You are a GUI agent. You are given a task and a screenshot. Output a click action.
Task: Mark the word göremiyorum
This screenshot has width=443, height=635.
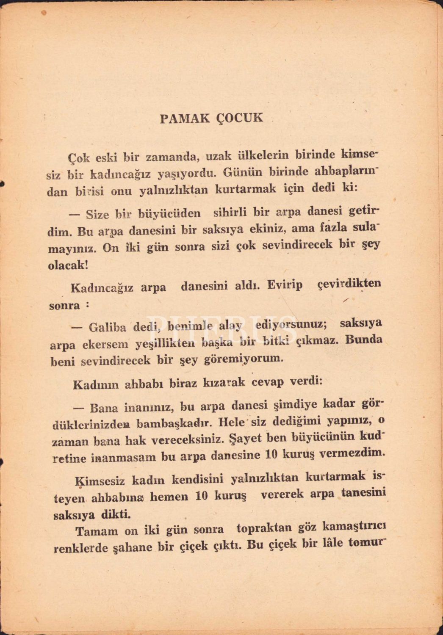[x=244, y=359]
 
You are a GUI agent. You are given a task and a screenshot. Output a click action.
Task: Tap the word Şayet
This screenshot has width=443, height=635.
[x=244, y=438]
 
